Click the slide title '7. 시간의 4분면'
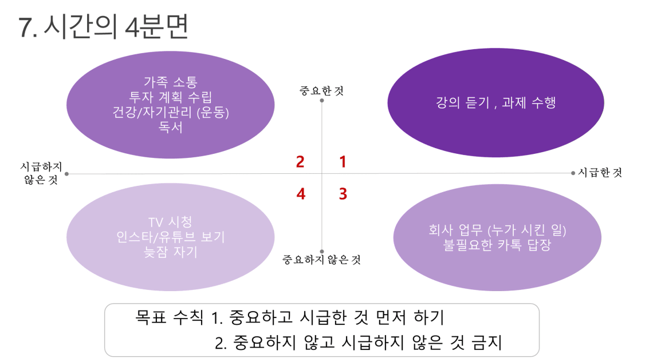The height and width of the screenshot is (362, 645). point(103,26)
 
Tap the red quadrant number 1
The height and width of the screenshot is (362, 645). point(342,162)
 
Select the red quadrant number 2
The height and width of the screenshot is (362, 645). point(300,162)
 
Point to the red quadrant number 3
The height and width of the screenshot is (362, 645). point(343,193)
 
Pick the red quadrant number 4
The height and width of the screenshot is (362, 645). point(301,193)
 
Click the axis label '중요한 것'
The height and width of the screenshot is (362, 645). point(322,90)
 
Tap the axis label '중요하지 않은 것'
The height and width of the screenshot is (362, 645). point(321,260)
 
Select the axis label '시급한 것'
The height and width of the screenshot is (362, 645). point(600,173)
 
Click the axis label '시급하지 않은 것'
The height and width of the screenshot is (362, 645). point(41,173)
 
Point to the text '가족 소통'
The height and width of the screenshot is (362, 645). point(171,82)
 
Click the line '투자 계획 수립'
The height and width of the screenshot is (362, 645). point(171,97)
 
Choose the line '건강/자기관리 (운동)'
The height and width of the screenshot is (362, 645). point(171,112)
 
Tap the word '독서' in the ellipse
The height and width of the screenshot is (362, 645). point(171,127)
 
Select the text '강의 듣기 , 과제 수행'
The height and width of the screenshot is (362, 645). point(495,102)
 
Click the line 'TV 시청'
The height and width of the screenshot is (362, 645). point(170,222)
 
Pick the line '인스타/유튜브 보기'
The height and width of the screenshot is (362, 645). point(171,237)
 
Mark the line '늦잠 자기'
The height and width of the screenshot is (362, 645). point(171,252)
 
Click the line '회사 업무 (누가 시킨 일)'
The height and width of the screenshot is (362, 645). point(497,230)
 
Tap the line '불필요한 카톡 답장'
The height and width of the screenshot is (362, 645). point(497,245)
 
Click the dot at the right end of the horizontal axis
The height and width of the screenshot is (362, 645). point(573,173)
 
